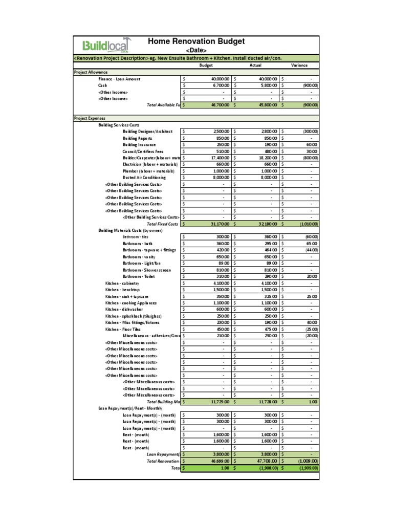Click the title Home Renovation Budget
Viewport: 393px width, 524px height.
[x=196, y=41]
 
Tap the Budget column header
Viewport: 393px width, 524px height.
[x=206, y=65]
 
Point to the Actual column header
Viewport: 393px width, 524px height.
[x=255, y=65]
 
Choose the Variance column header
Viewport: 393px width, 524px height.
[x=299, y=65]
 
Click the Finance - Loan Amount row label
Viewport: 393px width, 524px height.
[x=119, y=79]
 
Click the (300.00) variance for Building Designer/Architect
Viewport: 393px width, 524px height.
[x=309, y=132]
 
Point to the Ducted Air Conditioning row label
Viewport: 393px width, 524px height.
[x=144, y=178]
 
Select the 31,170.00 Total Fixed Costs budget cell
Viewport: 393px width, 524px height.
[x=217, y=224]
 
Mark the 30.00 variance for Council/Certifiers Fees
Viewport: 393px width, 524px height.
[x=311, y=151]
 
